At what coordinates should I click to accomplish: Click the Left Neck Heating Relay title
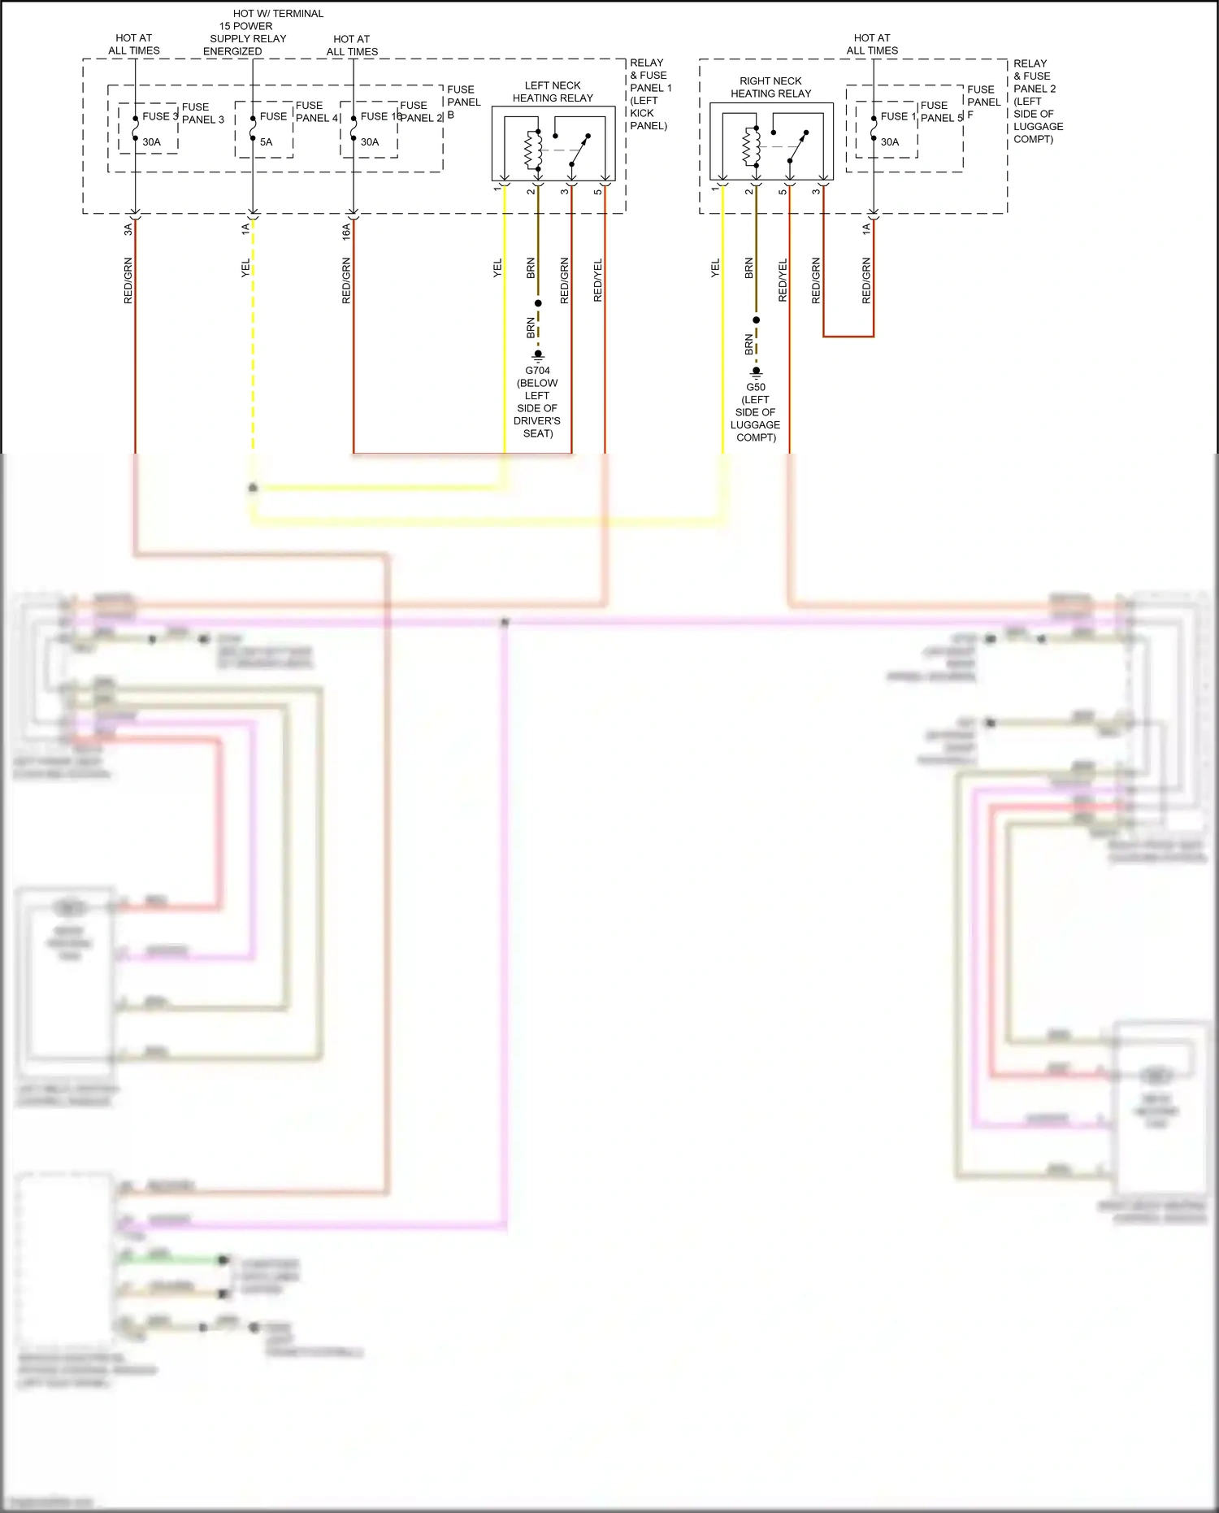pos(553,92)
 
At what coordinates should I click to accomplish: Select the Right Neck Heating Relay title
pos(770,88)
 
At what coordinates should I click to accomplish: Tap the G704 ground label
pos(537,371)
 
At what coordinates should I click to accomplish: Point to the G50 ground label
pos(756,387)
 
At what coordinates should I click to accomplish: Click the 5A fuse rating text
pos(266,142)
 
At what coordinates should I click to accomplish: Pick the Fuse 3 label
pos(159,116)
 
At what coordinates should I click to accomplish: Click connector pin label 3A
pos(128,229)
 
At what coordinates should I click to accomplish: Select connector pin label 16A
pos(346,231)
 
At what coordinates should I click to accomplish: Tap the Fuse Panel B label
pos(463,102)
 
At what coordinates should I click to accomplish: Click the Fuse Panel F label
pos(983,102)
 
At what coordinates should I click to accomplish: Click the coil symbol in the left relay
pos(533,149)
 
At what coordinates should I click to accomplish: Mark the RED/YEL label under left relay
pos(598,280)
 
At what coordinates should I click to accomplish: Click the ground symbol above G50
pos(756,373)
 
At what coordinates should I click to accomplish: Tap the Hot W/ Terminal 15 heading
pos(277,14)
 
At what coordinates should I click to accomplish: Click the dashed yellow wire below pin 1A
pos(253,341)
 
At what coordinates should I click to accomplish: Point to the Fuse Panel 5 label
pos(940,111)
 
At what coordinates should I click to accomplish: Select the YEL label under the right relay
pos(715,268)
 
